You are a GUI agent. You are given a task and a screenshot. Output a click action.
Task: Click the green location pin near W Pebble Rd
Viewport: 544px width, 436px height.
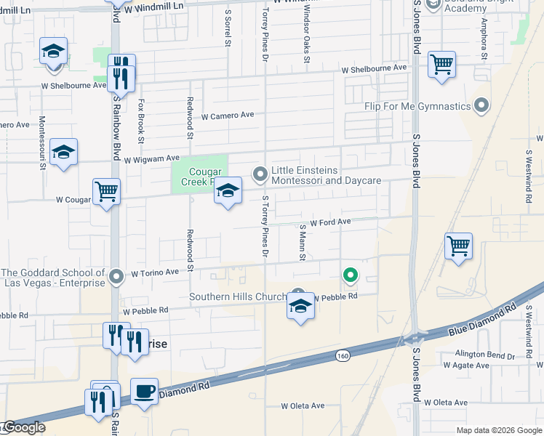[351, 275]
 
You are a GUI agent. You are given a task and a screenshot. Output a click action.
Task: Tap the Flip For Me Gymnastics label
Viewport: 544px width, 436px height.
[418, 107]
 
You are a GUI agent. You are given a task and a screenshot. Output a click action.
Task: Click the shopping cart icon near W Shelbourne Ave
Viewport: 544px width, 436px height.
[441, 65]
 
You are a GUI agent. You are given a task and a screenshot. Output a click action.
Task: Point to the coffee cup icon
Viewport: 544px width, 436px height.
[144, 392]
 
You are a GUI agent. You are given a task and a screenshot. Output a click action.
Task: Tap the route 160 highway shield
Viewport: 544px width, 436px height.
[343, 355]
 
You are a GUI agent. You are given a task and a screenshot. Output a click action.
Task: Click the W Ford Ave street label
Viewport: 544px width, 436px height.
[330, 222]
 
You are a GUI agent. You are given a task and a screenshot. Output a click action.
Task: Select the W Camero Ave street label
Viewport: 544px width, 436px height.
[228, 116]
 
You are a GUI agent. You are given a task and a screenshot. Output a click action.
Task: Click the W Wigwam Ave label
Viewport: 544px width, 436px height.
[151, 158]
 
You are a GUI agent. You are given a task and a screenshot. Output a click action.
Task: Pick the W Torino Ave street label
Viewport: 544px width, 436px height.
[154, 273]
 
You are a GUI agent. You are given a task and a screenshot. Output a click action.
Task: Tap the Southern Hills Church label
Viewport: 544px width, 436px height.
[239, 296]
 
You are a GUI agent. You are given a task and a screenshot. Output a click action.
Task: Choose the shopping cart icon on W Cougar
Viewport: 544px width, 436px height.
[107, 192]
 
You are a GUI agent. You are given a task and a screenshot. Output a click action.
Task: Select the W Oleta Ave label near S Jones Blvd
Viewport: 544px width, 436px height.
[446, 402]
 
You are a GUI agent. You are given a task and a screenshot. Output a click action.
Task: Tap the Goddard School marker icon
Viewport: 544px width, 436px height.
[116, 276]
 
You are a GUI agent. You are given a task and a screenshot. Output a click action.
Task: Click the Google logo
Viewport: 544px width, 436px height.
[24, 428]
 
